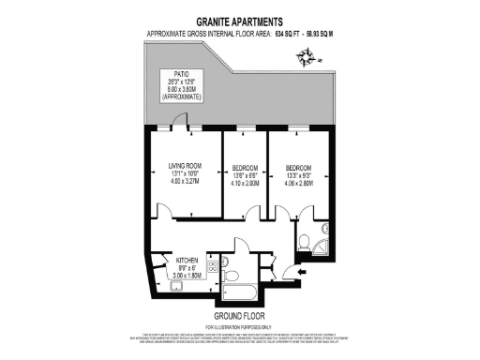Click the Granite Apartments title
coord(241,21)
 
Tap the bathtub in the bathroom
coord(246,283)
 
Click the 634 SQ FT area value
coord(291,34)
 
